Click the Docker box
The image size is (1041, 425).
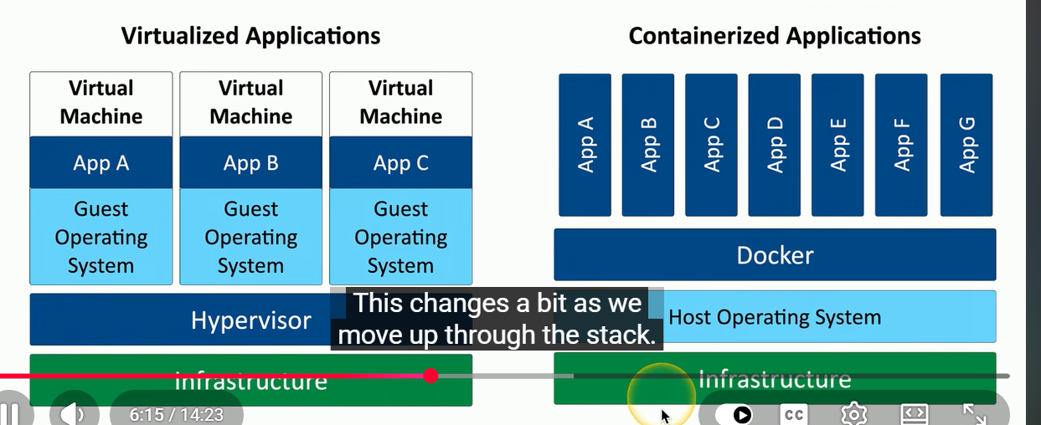775,254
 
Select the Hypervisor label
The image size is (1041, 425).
251,320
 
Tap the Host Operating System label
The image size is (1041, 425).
775,317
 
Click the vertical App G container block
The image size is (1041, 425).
966,145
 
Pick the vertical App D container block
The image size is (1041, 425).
774,145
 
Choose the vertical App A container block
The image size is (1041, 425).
585,145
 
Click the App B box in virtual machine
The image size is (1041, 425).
251,162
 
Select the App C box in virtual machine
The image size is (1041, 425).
400,162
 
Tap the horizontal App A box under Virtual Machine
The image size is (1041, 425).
100,162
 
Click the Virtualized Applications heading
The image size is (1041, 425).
251,36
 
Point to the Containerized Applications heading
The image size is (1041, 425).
775,36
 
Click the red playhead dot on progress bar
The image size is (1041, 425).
430,376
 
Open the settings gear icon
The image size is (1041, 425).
854,414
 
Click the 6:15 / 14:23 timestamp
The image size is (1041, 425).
176,414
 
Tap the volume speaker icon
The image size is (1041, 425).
73,413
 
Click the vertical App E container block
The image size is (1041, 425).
837,145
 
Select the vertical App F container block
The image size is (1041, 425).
901,145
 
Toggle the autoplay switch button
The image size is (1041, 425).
734,414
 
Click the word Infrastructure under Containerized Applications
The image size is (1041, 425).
775,380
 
